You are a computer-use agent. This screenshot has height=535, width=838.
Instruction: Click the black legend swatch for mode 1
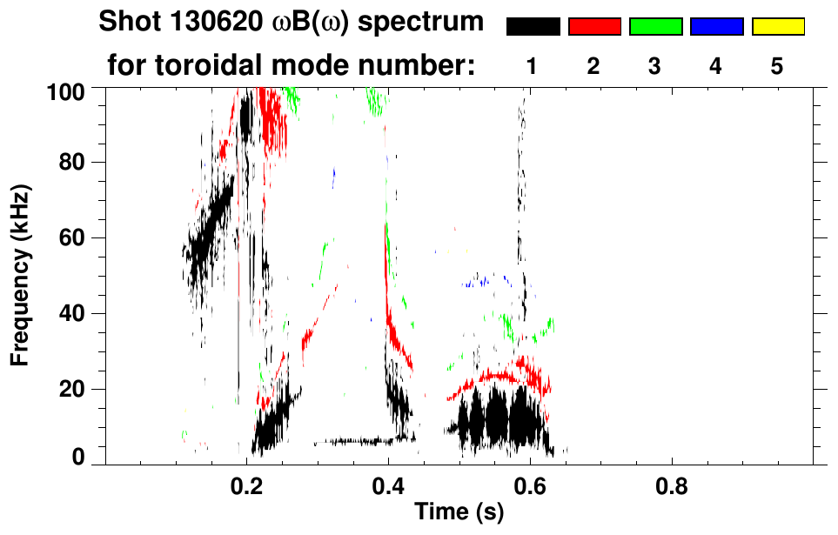pos(533,27)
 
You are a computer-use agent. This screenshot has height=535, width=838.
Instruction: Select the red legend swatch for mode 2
pos(594,27)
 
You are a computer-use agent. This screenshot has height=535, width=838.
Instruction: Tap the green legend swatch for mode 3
pos(655,27)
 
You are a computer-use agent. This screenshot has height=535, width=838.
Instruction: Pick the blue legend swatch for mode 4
pos(716,27)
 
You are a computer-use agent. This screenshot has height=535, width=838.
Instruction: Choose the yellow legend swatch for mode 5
pos(777,27)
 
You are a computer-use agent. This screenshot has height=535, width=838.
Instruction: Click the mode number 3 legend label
pos(654,67)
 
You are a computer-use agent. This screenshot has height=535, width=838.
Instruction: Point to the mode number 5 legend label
pos(777,67)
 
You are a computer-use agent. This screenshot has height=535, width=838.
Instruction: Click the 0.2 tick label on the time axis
pos(246,487)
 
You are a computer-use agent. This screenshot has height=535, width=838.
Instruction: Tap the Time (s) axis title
pos(459,513)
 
